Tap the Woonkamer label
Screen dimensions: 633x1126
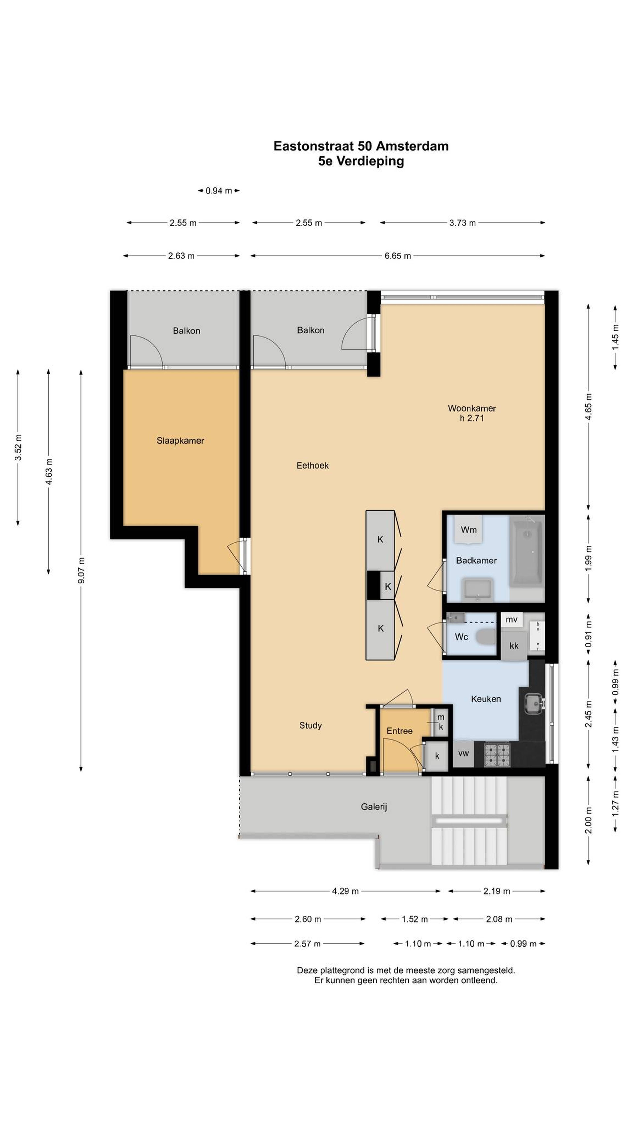pos(472,408)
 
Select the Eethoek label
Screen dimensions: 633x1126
pos(312,466)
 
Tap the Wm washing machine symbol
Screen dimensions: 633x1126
pos(468,529)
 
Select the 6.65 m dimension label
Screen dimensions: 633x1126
pos(398,256)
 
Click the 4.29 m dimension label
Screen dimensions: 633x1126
pos(345,891)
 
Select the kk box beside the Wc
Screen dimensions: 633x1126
pos(514,646)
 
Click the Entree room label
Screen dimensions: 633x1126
pos(399,731)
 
